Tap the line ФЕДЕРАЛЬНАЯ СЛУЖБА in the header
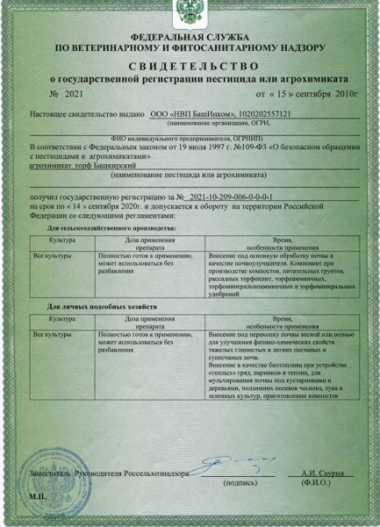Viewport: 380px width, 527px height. point(190,37)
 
